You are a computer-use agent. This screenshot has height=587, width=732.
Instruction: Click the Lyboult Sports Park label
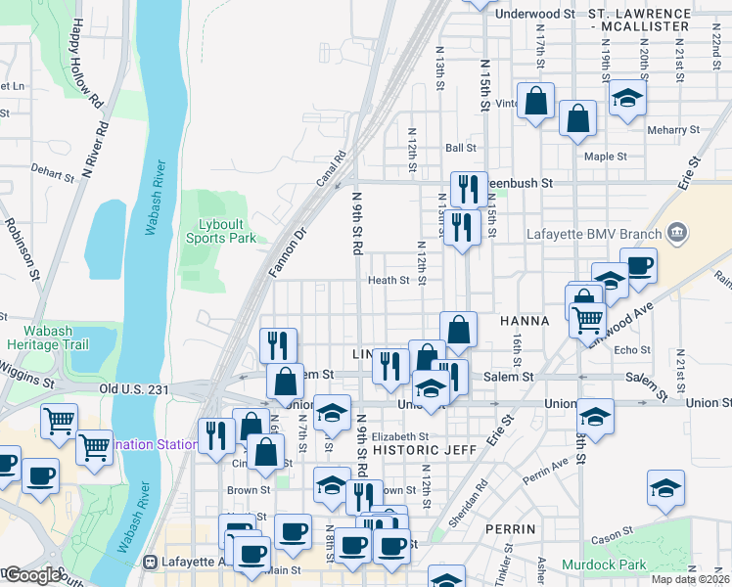(x=220, y=230)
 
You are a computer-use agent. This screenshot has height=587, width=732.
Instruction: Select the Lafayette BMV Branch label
(x=595, y=232)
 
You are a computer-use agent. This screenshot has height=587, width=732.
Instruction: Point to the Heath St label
(x=389, y=280)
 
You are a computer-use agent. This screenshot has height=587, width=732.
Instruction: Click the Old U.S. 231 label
(x=134, y=388)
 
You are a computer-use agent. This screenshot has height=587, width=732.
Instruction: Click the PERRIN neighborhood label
(x=511, y=528)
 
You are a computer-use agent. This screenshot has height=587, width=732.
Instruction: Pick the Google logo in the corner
(x=33, y=575)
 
